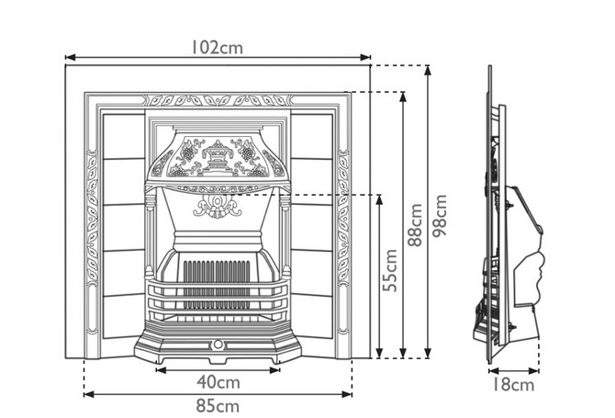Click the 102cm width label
coord(217,48)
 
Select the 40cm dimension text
coord(218,382)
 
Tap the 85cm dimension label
coord(218,406)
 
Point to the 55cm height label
coord(390,270)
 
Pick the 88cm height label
coord(415,225)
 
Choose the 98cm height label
coord(440,216)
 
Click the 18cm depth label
coord(512,385)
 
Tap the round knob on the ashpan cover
coord(218,345)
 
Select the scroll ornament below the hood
coord(218,206)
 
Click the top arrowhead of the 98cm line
coord(428,70)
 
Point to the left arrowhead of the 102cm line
coord(70,58)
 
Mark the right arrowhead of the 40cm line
coord(275,369)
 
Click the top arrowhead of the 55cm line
coord(379,199)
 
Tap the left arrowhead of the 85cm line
coord(89,394)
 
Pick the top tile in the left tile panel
coord(124,137)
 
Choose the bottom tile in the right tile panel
coord(312,316)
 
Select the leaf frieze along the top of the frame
coord(218,100)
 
